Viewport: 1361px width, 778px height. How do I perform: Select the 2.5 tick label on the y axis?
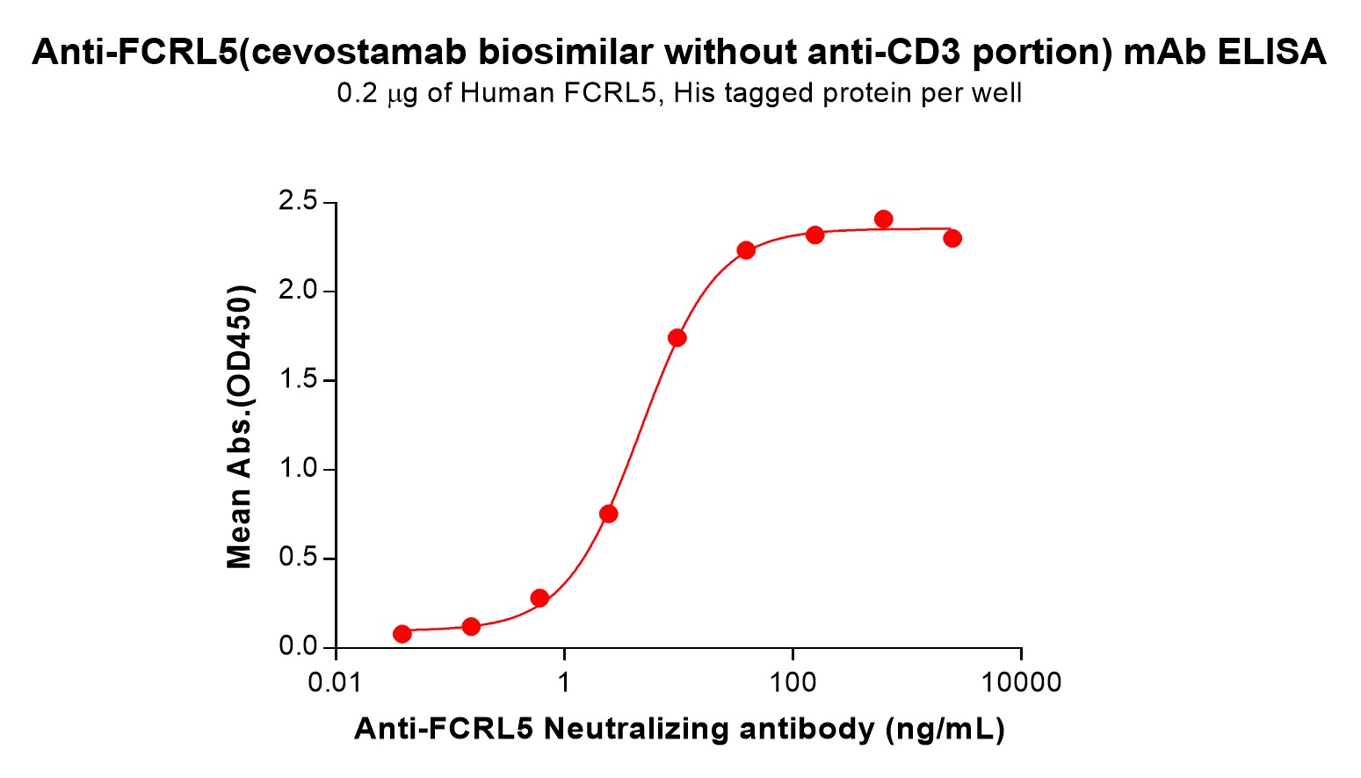click(x=297, y=202)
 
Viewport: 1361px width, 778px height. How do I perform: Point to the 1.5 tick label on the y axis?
click(x=297, y=380)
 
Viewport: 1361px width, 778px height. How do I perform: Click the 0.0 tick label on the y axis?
click(x=297, y=647)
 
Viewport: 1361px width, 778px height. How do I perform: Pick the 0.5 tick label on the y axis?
click(x=297, y=558)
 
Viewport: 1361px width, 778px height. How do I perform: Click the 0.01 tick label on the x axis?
click(x=335, y=682)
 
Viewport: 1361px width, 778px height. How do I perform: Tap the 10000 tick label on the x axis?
click(x=1021, y=682)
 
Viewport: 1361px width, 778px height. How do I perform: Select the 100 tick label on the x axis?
click(x=793, y=682)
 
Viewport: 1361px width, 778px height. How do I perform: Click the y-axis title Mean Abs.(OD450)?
click(x=240, y=426)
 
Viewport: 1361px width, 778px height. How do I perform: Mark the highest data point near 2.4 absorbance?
click(x=884, y=219)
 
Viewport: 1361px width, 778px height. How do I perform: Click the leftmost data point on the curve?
click(x=402, y=633)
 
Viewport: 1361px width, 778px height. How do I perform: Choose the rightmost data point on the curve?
click(x=952, y=238)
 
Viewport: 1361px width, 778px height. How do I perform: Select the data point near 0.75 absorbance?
click(x=608, y=514)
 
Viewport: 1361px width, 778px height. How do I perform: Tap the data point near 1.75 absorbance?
click(x=677, y=337)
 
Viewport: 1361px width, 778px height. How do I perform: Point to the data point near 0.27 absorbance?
click(x=539, y=598)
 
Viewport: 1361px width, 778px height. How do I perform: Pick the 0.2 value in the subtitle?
click(x=356, y=93)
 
